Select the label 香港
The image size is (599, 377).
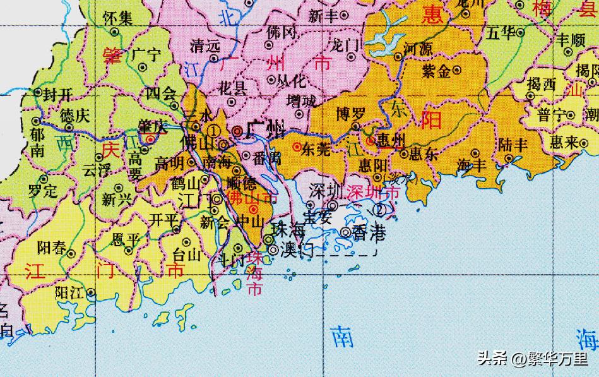click(x=369, y=232)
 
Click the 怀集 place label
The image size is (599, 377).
click(x=118, y=18)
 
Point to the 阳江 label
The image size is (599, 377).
click(x=70, y=292)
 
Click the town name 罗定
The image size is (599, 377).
click(x=43, y=189)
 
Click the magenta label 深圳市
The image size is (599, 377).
click(x=374, y=191)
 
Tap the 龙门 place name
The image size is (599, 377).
click(x=345, y=45)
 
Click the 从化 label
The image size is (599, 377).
click(x=290, y=80)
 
